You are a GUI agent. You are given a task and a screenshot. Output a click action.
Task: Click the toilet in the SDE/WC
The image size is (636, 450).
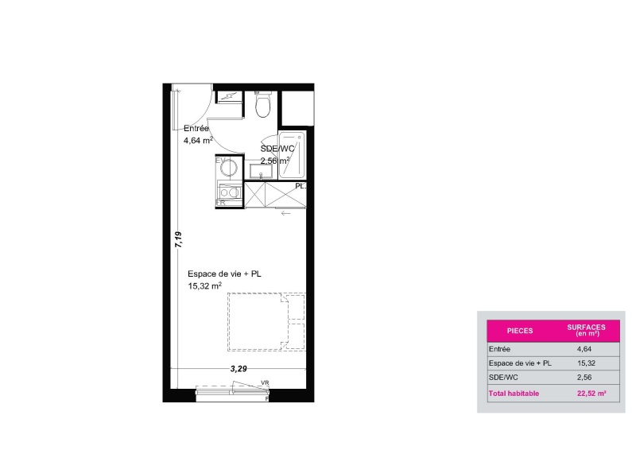(263, 104)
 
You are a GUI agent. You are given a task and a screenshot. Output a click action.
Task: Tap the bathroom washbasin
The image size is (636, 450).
(261, 171)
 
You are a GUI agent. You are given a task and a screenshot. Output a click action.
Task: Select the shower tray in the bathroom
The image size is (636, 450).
(292, 154)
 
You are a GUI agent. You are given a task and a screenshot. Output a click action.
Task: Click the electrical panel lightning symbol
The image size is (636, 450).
(229, 96)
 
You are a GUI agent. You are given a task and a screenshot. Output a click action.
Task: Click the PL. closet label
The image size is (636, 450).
(301, 186)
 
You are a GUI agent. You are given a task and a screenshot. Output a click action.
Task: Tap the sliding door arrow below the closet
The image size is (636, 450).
(286, 213)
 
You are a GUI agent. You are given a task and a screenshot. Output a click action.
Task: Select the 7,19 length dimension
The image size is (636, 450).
(178, 240)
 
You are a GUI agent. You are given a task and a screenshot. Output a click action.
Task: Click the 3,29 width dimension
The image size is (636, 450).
(238, 368)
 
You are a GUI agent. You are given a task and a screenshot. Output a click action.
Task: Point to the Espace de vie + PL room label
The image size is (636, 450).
(224, 273)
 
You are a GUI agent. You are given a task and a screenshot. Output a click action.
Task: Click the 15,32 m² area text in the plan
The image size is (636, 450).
(204, 285)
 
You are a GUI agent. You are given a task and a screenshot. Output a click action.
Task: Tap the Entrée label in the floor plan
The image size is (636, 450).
(196, 129)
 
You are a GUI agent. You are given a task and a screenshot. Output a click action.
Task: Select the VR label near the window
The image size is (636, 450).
(265, 382)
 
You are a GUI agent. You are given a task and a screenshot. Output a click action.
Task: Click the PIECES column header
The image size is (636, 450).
(520, 331)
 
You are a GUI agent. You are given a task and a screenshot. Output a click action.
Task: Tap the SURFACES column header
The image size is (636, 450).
(586, 330)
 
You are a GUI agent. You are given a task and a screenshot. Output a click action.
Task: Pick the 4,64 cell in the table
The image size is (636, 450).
(584, 349)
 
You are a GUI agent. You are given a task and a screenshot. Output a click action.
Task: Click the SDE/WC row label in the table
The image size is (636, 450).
(503, 378)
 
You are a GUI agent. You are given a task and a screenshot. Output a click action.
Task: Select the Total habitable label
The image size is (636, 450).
(514, 394)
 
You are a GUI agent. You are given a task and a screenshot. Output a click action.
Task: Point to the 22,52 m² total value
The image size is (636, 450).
(591, 394)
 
